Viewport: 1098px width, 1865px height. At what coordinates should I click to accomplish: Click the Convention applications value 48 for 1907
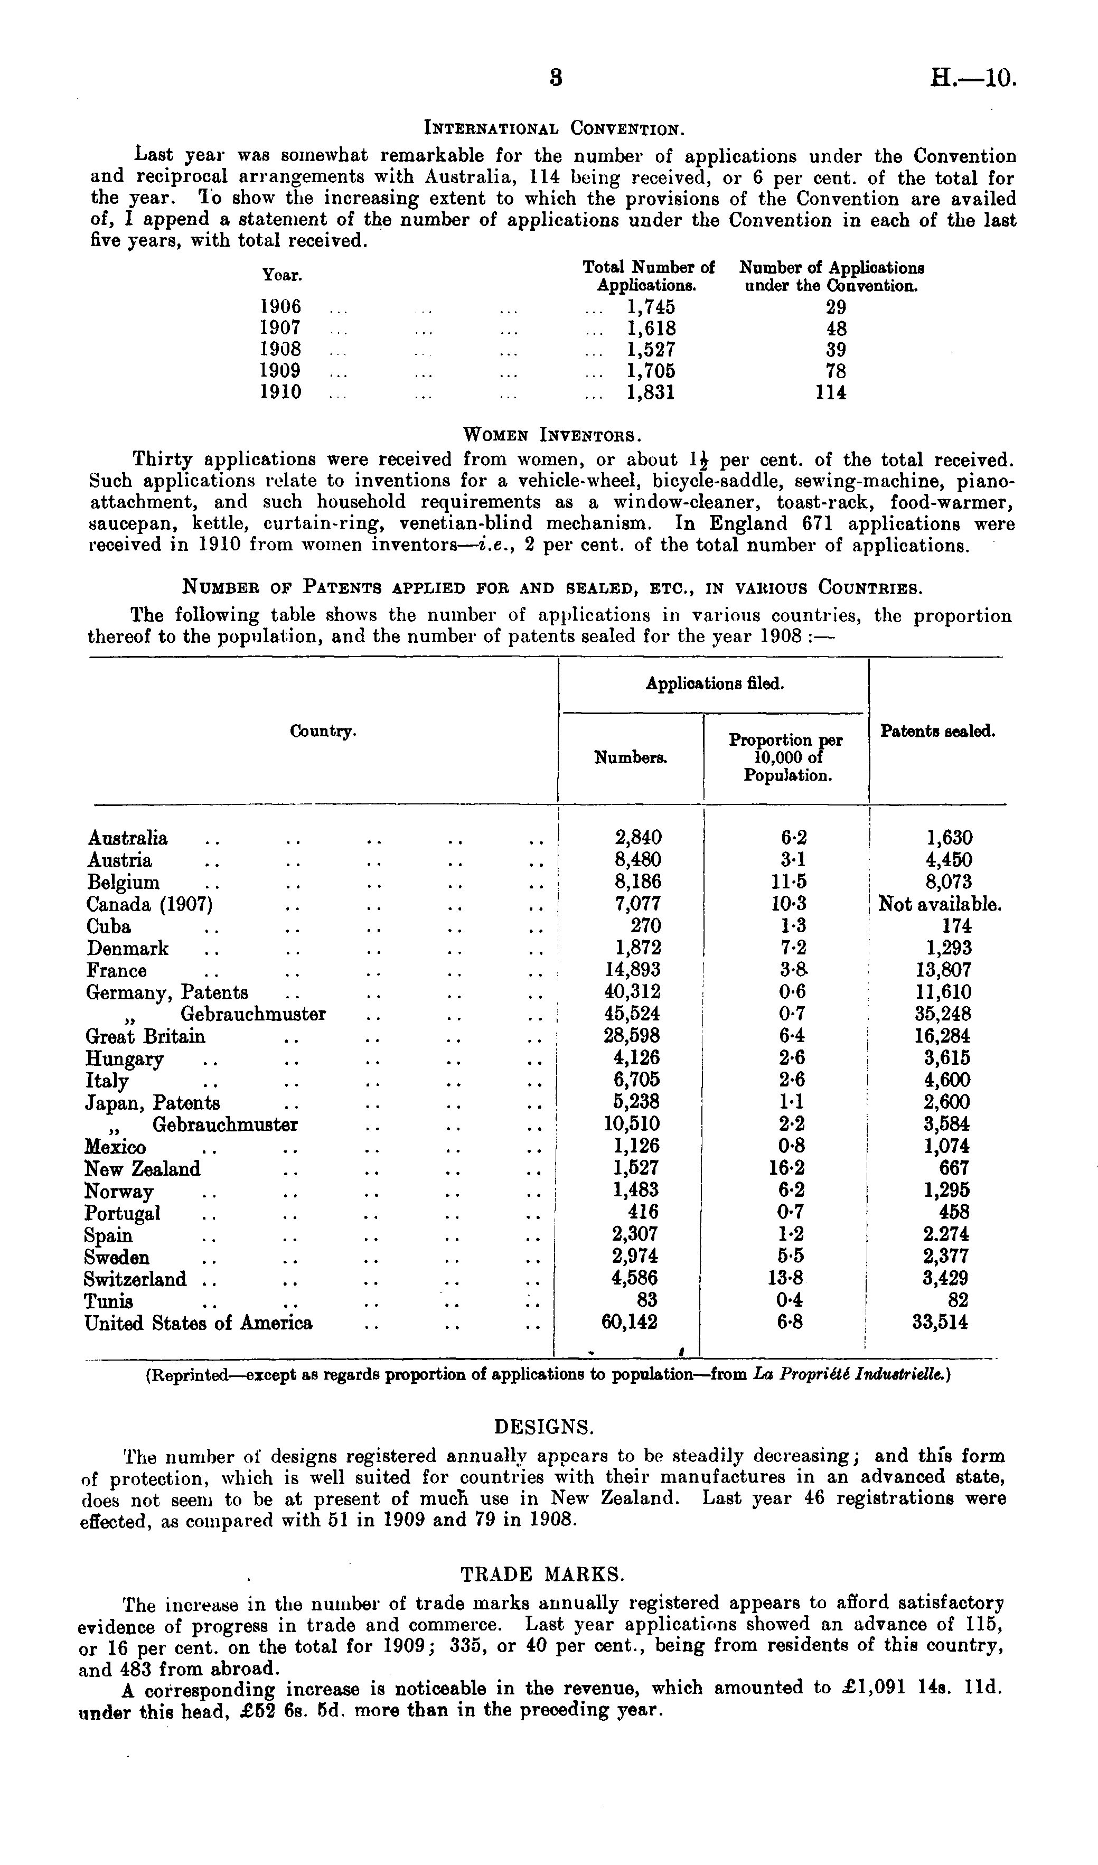click(836, 328)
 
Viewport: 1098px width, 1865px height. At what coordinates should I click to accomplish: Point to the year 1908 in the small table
click(281, 349)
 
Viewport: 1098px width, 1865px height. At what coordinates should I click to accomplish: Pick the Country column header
click(323, 731)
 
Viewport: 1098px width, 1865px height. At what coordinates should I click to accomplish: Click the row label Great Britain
click(146, 1036)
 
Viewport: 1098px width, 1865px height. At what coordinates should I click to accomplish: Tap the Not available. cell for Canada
click(940, 904)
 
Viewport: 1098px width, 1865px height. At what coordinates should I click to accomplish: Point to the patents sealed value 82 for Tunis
click(958, 1300)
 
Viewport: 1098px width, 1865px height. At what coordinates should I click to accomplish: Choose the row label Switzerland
click(136, 1279)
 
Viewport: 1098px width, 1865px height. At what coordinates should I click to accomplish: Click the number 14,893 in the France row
click(633, 970)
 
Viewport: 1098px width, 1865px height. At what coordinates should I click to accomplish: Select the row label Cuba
click(109, 926)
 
